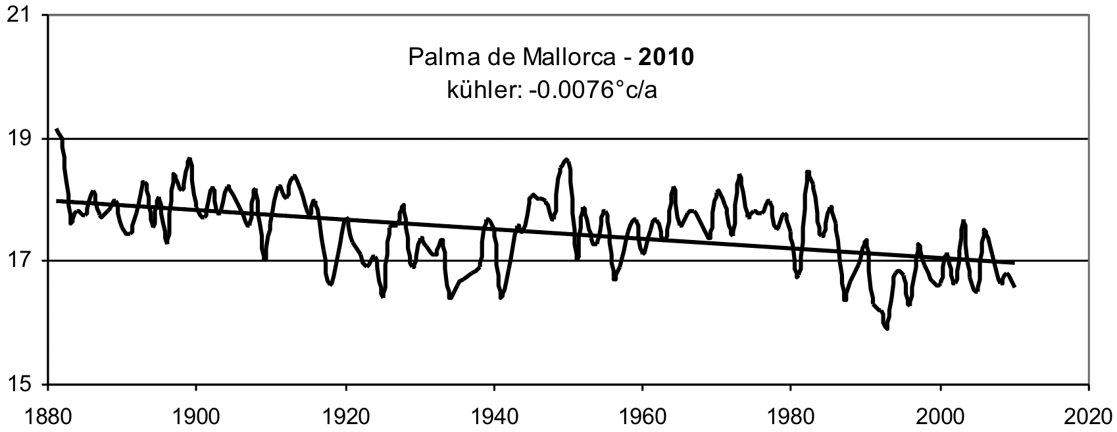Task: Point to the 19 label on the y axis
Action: click(22, 139)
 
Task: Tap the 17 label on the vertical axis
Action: click(22, 261)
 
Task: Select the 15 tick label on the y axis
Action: click(22, 384)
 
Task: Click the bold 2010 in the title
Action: click(666, 57)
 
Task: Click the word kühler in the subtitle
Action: click(484, 91)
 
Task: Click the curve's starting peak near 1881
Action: click(57, 129)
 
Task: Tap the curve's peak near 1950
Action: click(566, 160)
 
